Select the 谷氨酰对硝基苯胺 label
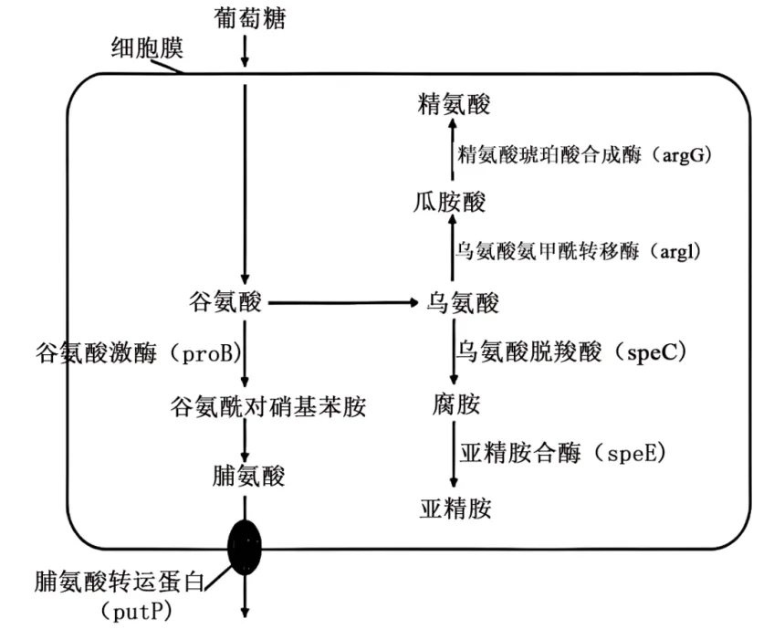[267, 406]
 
